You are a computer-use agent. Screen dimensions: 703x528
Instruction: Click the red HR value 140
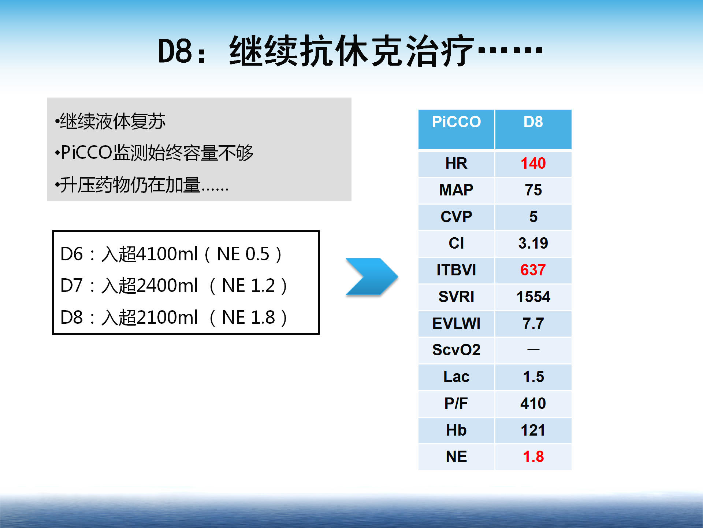coord(533,163)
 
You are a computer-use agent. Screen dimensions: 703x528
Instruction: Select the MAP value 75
coord(533,190)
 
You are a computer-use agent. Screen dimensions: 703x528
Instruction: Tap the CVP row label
coord(456,217)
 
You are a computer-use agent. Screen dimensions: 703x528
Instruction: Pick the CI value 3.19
coord(533,243)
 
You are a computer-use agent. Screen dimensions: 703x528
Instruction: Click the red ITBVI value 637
coord(533,270)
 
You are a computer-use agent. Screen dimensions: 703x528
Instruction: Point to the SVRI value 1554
coord(533,297)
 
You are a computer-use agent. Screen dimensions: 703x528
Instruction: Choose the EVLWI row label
coord(456,323)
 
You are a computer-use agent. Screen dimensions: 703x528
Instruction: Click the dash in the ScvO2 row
coord(533,350)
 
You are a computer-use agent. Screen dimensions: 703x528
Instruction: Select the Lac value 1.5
coord(533,377)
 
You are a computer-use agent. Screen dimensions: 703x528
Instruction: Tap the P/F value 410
coord(533,403)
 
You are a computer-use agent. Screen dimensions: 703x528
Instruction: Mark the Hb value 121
coord(533,430)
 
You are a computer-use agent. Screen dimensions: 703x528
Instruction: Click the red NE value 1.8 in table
coord(533,456)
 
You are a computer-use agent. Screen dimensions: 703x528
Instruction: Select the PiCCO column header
coord(456,122)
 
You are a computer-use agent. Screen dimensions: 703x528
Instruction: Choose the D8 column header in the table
coord(533,122)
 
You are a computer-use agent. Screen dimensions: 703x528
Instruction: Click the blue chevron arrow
coord(372,277)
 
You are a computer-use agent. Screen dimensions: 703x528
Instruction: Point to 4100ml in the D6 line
coord(167,254)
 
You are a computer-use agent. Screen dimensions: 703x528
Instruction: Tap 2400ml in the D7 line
coord(167,285)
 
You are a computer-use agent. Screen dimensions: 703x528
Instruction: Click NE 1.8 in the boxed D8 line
coord(248,317)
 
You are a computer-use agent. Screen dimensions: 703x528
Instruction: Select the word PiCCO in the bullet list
coord(86,153)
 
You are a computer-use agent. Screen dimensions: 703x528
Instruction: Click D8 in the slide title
coord(175,51)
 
